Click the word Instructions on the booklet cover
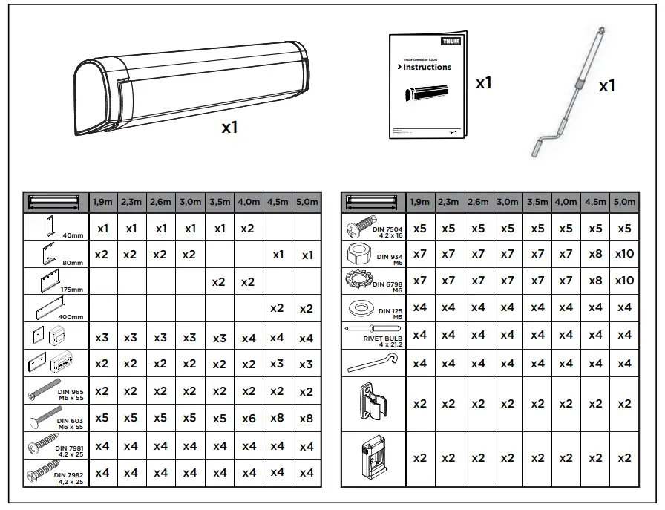(427, 67)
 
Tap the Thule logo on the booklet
(451, 42)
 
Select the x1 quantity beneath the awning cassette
(229, 128)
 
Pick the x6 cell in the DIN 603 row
(248, 418)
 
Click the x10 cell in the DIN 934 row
(625, 254)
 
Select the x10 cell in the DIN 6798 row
(625, 281)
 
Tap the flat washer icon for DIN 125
(358, 307)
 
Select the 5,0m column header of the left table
(307, 202)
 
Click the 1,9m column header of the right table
(419, 202)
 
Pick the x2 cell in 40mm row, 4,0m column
(248, 229)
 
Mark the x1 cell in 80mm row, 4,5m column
(277, 255)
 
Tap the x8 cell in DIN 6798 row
(595, 281)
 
